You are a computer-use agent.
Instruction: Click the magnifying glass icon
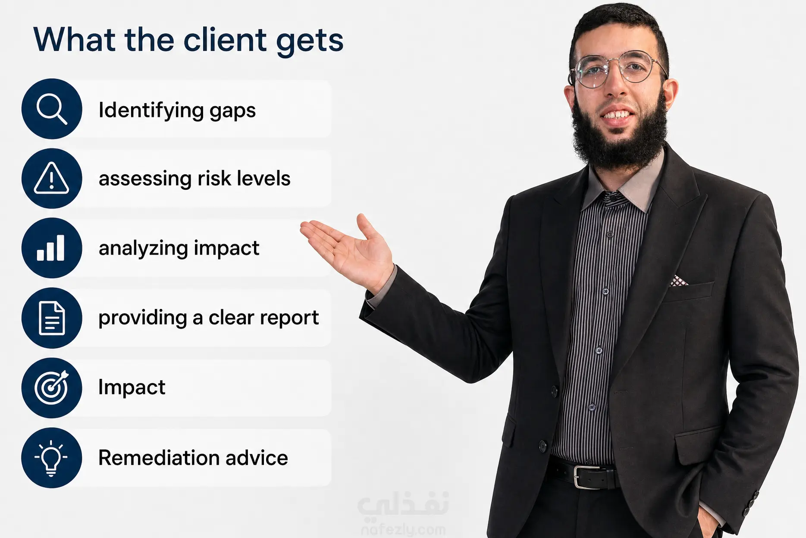point(52,109)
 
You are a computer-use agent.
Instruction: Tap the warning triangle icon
point(51,178)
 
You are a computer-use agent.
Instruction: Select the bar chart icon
point(51,248)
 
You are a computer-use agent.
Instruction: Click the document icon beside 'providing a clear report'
point(52,318)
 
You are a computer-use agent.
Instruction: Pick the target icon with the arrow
point(52,387)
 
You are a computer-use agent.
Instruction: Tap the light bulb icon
point(51,458)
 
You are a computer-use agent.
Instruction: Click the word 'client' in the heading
point(225,40)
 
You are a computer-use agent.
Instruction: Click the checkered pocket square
point(678,281)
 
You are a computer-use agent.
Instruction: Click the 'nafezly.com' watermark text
point(403,529)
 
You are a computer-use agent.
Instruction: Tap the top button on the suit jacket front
point(555,391)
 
